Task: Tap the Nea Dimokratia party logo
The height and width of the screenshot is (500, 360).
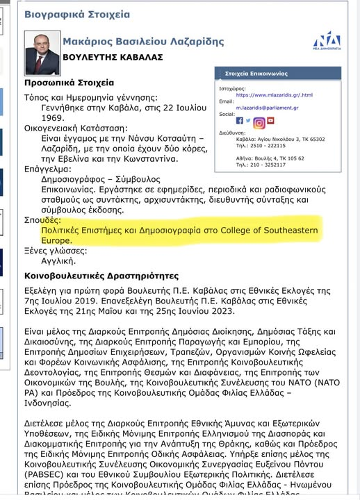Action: (326, 42)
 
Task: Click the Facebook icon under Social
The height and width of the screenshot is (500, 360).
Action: (240, 120)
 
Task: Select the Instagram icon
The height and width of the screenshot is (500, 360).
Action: (260, 123)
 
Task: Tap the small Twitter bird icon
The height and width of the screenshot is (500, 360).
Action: (248, 119)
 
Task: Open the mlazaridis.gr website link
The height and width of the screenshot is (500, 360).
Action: (274, 94)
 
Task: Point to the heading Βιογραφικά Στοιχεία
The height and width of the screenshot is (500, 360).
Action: (77, 15)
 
